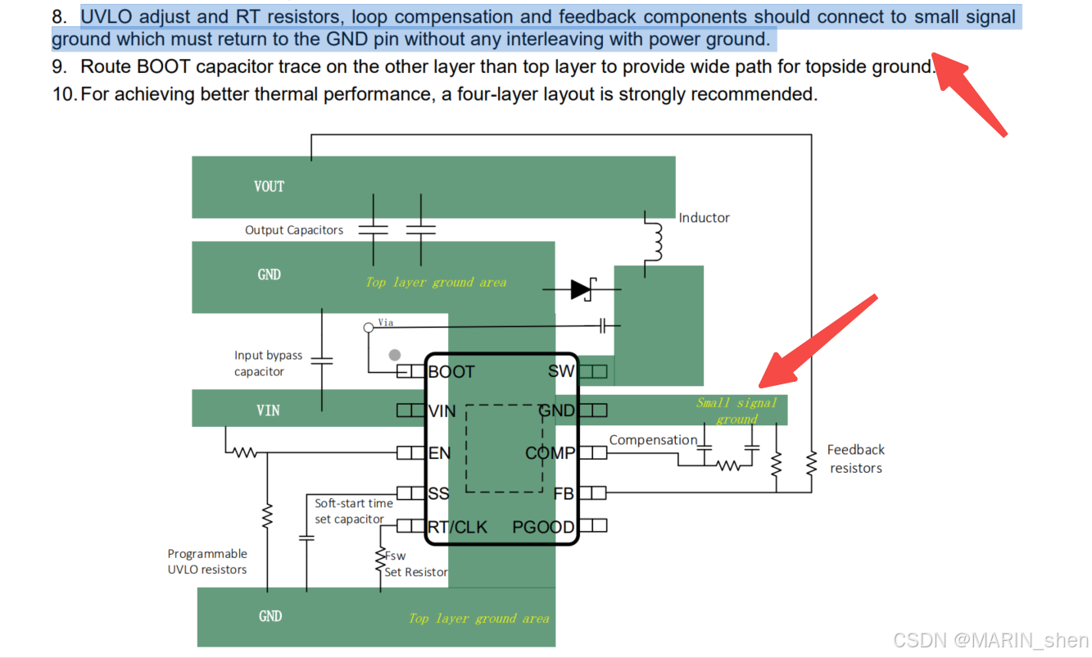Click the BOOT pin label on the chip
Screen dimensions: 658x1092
coord(451,372)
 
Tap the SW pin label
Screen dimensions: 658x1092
coord(561,372)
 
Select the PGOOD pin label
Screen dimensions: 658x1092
coord(543,527)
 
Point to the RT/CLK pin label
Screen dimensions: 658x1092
coord(458,527)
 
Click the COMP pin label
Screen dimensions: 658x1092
coord(551,453)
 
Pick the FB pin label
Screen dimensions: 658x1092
coord(564,493)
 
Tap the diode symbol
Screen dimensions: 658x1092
coord(582,288)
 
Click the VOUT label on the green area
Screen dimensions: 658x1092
coord(269,186)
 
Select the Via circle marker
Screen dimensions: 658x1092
coord(369,328)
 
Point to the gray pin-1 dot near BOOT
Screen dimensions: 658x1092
coord(395,355)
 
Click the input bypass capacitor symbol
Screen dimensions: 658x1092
coord(322,360)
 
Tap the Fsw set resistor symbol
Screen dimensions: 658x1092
coord(380,560)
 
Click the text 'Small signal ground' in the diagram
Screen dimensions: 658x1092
coord(736,411)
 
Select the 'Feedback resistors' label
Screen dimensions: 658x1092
coord(855,459)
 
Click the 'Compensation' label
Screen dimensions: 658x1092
coord(653,440)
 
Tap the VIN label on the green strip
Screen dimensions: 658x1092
coord(268,410)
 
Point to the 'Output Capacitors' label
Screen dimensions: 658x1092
coord(294,230)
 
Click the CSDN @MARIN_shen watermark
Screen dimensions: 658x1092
coord(990,640)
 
